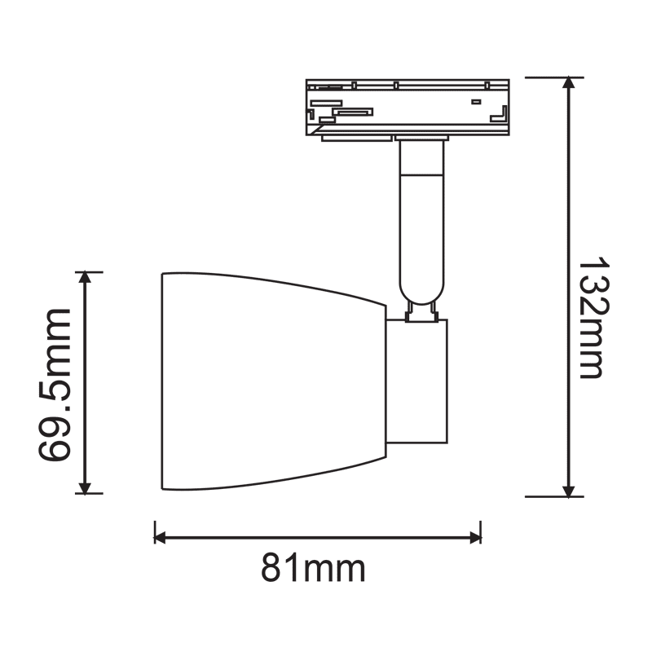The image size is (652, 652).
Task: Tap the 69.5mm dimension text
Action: (x=55, y=385)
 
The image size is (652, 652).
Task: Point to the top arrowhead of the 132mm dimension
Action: (x=568, y=83)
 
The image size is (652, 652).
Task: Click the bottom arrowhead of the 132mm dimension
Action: (x=568, y=491)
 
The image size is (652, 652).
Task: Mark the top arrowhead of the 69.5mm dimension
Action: (x=85, y=277)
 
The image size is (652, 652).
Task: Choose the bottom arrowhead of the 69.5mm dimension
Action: (x=85, y=487)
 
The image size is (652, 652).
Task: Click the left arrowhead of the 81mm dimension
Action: (x=160, y=537)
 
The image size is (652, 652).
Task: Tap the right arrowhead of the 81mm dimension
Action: (x=475, y=537)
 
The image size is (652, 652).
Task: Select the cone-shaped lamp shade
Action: (x=274, y=381)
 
